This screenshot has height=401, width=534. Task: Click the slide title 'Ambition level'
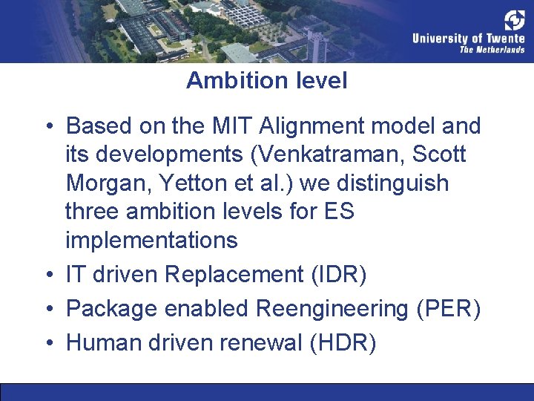pos(266,80)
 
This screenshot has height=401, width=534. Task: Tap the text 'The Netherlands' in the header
pos(492,50)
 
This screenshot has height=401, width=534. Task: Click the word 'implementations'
pos(151,241)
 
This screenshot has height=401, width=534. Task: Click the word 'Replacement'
pos(234,274)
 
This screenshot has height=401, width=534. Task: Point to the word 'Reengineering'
pos(332,308)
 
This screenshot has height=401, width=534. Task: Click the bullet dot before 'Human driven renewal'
pos(49,343)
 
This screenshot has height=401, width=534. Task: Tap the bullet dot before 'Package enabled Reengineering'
pos(49,309)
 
